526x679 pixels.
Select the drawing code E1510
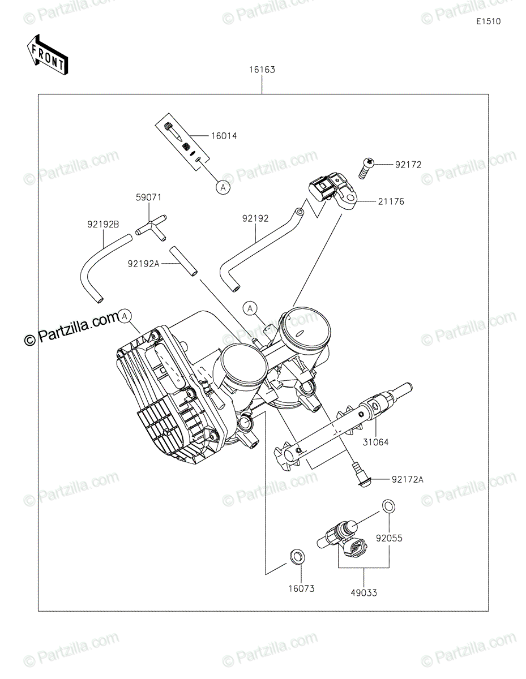point(488,22)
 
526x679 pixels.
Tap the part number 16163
point(262,70)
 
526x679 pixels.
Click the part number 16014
point(224,136)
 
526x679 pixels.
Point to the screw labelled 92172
point(367,169)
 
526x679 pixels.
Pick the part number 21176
point(391,201)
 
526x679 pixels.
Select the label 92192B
point(103,225)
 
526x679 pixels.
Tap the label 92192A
point(143,264)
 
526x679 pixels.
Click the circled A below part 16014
point(223,187)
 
